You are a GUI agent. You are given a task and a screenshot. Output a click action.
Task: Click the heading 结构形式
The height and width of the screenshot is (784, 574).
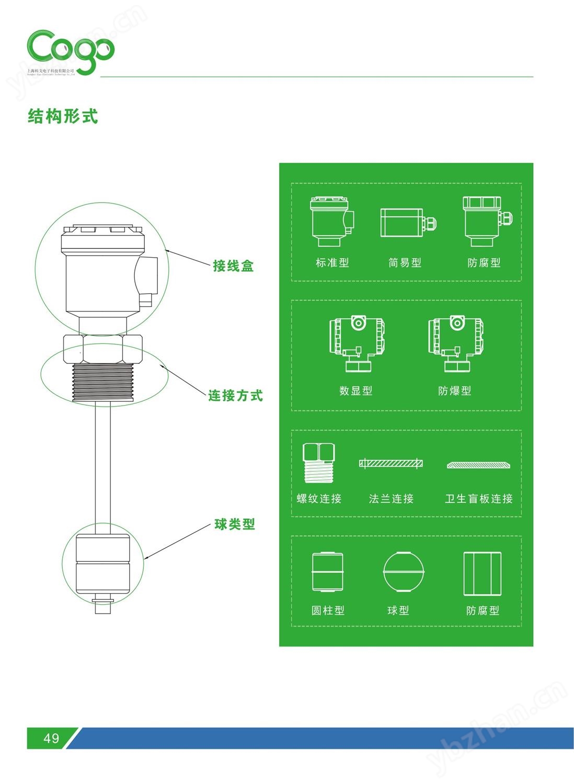point(63,116)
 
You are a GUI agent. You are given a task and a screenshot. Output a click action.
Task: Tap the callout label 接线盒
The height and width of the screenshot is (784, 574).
point(233,266)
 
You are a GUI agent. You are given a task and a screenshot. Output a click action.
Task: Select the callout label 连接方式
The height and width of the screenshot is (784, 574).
point(235,396)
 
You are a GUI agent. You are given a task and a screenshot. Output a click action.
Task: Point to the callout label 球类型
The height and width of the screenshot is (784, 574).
point(235,524)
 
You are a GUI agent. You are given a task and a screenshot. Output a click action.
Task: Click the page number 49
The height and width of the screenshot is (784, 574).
point(51,738)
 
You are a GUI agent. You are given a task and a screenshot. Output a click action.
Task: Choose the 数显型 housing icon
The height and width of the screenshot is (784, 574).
point(357,343)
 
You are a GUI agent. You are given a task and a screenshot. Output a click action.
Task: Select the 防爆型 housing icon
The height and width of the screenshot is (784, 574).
point(455,343)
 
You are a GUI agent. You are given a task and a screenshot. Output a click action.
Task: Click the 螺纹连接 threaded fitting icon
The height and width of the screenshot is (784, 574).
point(318,463)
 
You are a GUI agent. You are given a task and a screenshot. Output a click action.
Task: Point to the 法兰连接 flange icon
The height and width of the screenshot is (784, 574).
point(391,463)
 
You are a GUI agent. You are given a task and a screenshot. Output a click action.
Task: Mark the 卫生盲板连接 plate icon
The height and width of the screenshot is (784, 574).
point(478,465)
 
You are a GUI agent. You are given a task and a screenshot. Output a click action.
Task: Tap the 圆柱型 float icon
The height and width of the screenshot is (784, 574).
point(328,572)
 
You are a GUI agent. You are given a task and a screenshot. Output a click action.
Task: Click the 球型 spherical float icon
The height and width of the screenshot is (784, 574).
point(403,571)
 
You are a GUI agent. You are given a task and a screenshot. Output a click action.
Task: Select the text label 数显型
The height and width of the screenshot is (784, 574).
point(356,391)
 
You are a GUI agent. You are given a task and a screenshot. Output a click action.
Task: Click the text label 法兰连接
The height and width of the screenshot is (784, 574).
point(391,499)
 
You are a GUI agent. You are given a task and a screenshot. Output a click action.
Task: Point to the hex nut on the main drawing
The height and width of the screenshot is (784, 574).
point(102,349)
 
